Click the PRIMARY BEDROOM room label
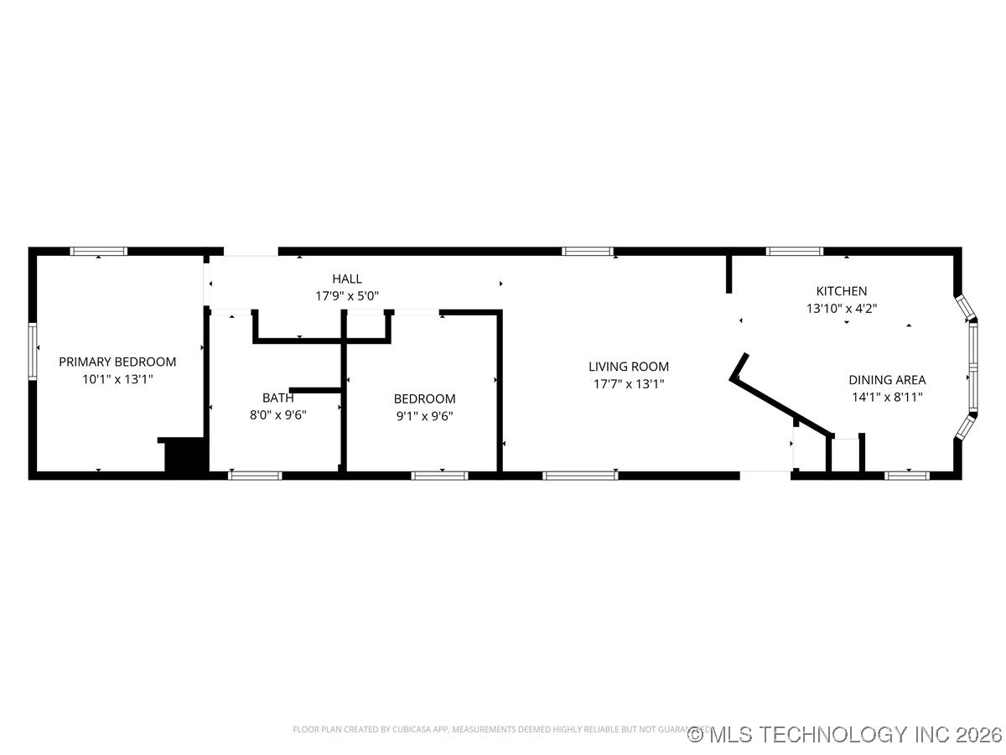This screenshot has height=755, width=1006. pyautogui.click(x=117, y=362)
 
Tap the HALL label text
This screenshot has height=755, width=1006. pyautogui.click(x=347, y=279)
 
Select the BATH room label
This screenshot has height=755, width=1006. pyautogui.click(x=277, y=398)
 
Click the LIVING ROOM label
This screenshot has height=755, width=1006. pyautogui.click(x=629, y=366)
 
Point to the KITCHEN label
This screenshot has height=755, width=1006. pyautogui.click(x=842, y=291)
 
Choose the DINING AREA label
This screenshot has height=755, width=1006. pyautogui.click(x=887, y=380)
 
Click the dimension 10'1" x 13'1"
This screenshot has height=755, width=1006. pyautogui.click(x=117, y=379)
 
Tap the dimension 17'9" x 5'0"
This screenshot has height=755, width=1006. pyautogui.click(x=347, y=296)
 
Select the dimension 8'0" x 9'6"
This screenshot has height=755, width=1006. pyautogui.click(x=277, y=415)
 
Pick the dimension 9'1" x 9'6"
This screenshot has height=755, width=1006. pyautogui.click(x=424, y=415)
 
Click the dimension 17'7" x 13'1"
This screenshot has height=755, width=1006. pyautogui.click(x=629, y=383)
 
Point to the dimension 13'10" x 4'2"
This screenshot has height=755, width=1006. pyautogui.click(x=842, y=309)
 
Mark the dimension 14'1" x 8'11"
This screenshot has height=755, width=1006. pyautogui.click(x=887, y=398)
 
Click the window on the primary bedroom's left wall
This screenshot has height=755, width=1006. pyautogui.click(x=34, y=352)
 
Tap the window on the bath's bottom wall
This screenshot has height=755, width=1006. pyautogui.click(x=255, y=476)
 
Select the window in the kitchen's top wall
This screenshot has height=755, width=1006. pyautogui.click(x=795, y=251)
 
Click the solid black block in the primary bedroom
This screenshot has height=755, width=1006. pyautogui.click(x=185, y=456)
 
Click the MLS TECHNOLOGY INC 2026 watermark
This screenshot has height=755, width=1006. pyautogui.click(x=845, y=735)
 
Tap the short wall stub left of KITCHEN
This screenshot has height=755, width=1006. pyautogui.click(x=729, y=274)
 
